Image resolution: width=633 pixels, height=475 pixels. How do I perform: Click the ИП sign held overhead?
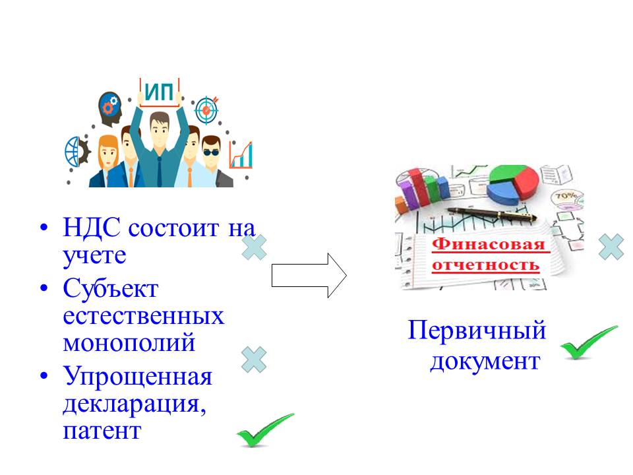[160, 92]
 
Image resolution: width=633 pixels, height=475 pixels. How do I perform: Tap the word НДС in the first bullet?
[92, 228]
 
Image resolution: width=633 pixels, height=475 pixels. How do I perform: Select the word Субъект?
[111, 288]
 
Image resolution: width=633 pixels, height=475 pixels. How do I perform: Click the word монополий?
[129, 342]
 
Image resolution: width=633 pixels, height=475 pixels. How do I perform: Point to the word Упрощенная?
[138, 377]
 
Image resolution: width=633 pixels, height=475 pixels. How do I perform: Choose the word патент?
[102, 431]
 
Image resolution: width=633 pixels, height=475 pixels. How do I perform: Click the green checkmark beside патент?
[265, 429]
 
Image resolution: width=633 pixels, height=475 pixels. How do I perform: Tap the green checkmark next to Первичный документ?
[589, 342]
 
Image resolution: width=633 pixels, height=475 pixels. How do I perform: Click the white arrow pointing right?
[309, 276]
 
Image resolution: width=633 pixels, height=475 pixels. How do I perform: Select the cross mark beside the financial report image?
[611, 247]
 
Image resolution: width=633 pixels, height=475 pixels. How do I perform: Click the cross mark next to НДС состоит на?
[255, 247]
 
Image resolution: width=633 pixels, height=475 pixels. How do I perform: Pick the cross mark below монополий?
[254, 360]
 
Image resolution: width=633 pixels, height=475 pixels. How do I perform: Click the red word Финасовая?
[489, 244]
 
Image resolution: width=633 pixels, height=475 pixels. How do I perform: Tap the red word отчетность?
[486, 265]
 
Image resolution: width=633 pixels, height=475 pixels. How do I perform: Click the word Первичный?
[477, 330]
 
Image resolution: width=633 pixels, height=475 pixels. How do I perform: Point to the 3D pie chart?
[513, 184]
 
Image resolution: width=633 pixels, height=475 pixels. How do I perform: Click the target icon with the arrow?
[206, 110]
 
